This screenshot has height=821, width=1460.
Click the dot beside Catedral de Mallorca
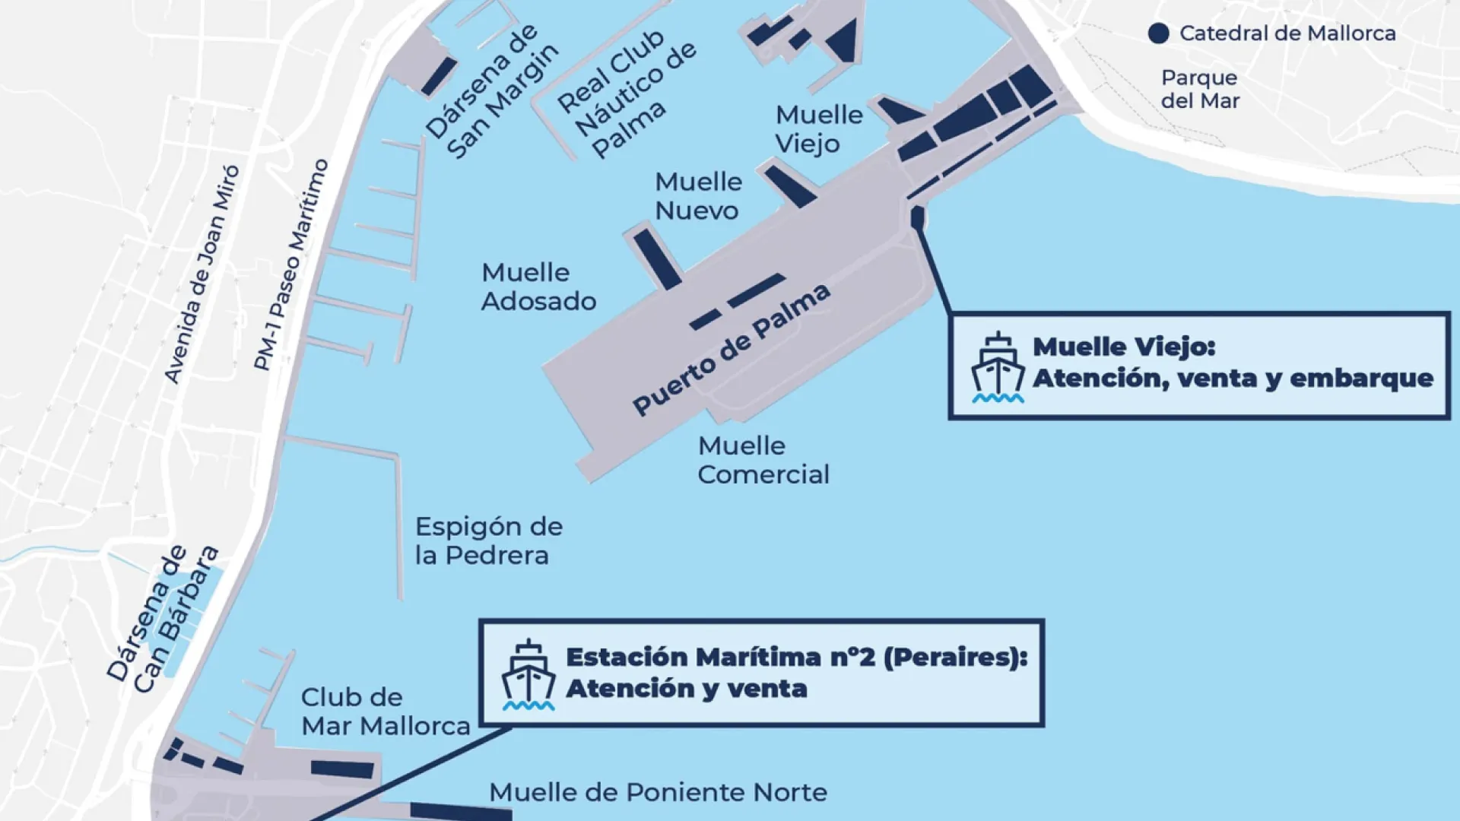[1158, 33]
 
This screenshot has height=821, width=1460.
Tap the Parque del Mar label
[1200, 89]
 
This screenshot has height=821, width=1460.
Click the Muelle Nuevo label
[698, 196]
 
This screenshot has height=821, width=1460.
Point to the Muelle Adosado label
[538, 287]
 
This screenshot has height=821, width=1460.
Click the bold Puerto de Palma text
[731, 350]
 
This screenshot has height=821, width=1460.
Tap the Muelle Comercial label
[763, 460]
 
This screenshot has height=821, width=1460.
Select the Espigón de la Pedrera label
[488, 541]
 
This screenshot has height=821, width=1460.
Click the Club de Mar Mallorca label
[385, 712]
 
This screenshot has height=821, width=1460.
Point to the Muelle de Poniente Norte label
[658, 792]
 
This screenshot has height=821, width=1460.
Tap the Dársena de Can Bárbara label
[163, 620]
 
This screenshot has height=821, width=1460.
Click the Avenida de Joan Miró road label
[202, 274]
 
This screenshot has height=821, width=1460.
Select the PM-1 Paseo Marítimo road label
[291, 265]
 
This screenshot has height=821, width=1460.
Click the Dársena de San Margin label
[492, 91]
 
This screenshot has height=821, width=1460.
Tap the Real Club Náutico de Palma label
[627, 93]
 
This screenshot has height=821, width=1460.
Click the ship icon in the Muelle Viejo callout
[998, 367]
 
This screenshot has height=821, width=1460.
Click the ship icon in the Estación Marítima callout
[528, 675]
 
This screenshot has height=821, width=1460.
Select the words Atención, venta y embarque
[1233, 379]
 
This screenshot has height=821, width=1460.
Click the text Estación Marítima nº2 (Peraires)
[796, 657]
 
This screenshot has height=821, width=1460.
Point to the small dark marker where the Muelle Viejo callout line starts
[917, 218]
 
